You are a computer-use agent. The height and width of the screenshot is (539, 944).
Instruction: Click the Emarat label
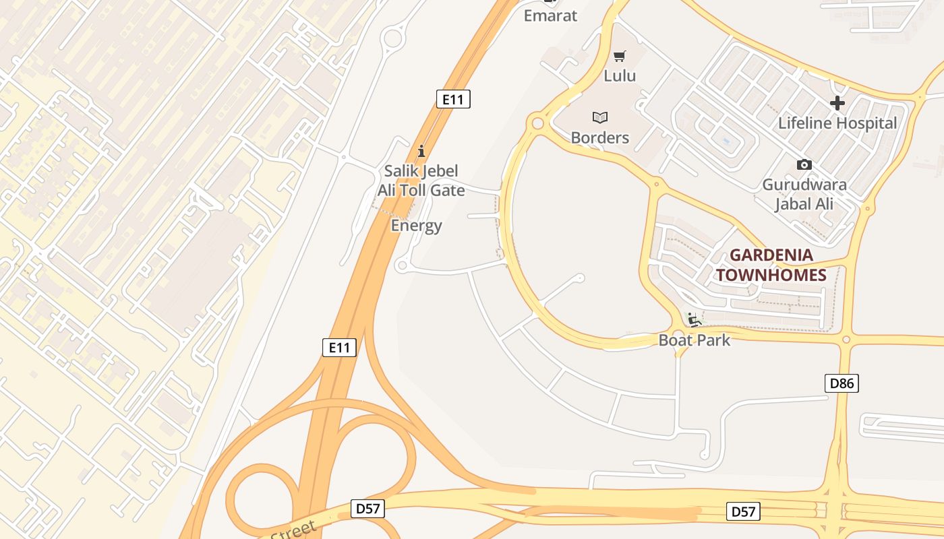click(551, 15)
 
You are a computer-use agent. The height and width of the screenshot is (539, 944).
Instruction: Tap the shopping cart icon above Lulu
click(620, 56)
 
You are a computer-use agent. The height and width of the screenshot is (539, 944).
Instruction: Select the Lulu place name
click(620, 75)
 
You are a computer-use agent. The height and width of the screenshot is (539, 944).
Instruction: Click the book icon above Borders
click(600, 118)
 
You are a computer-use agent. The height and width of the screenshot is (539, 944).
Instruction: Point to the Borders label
click(600, 137)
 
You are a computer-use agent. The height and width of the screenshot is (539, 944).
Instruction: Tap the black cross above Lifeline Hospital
click(837, 103)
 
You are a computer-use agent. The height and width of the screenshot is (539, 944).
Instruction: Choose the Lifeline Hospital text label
click(837, 123)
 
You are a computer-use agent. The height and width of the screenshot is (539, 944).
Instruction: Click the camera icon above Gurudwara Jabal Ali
click(804, 164)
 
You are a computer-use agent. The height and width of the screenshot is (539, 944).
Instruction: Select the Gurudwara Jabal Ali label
click(804, 194)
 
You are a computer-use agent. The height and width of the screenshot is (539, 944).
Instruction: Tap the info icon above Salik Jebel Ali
click(421, 150)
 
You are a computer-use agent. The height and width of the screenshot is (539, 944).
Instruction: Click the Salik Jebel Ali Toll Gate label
click(421, 181)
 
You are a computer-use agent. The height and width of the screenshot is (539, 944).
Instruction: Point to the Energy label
click(417, 225)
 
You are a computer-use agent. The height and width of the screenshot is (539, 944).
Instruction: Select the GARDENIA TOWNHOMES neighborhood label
click(771, 265)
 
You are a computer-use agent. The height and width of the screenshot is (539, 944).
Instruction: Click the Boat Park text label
click(695, 340)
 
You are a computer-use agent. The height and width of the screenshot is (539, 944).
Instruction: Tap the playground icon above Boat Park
click(693, 319)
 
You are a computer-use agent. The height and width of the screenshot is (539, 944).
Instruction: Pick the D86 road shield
click(842, 383)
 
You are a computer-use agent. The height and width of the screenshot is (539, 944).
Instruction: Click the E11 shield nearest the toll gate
click(453, 100)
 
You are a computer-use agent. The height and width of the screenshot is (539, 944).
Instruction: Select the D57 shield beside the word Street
click(367, 508)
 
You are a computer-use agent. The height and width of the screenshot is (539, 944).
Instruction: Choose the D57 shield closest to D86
click(743, 511)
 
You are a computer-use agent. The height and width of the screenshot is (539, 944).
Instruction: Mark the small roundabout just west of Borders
click(537, 123)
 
